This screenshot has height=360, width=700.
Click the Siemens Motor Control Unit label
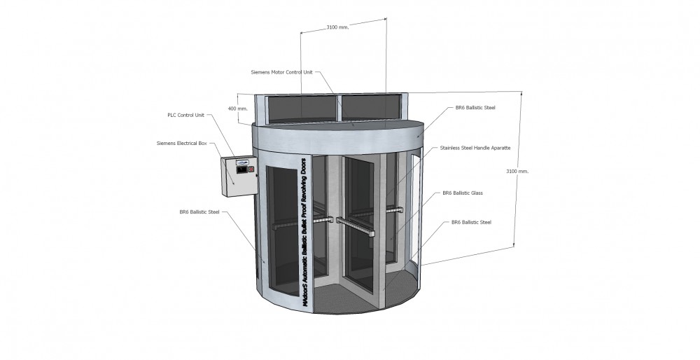[x=281, y=72]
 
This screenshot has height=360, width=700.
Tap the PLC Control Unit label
[x=185, y=116]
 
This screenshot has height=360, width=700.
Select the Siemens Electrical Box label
[x=182, y=144]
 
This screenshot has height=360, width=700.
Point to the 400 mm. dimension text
[x=237, y=109]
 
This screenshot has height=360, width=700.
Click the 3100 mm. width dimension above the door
[x=337, y=27]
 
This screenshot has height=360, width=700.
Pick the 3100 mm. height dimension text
[x=517, y=171]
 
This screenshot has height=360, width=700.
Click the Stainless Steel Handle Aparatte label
[x=475, y=148]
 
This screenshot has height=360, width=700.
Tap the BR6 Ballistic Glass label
[x=463, y=193]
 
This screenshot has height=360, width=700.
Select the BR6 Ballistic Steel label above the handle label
[x=475, y=108]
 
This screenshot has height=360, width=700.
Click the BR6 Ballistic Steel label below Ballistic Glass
[x=471, y=223]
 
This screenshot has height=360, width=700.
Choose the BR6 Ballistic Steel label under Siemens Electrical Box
[x=199, y=212]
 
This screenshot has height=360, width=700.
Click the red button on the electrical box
[x=251, y=169]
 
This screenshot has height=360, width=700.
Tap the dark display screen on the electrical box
[x=241, y=169]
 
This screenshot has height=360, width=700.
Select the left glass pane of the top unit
[x=301, y=108]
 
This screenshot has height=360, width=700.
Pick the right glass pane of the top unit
[x=370, y=106]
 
